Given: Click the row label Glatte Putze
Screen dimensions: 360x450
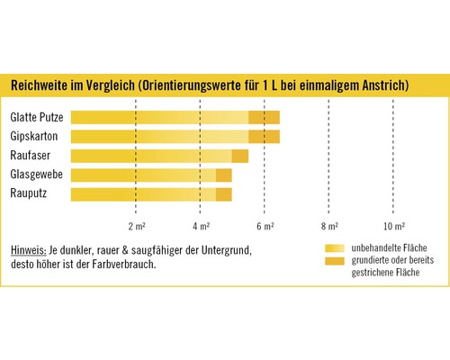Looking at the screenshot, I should tap(37, 117).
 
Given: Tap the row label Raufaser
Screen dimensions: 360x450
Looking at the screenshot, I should tap(30, 156).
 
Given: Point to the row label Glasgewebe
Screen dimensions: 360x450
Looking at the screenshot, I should tap(36, 175).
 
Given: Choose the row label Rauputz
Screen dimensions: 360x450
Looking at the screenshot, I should tap(30, 193).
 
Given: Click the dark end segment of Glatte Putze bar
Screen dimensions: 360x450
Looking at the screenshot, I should tap(265, 117).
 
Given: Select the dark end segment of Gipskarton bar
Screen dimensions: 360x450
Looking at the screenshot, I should tap(265, 137).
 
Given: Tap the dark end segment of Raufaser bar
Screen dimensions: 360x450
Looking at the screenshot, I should tap(240, 156).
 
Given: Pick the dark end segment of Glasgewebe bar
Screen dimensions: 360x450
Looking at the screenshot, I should tap(224, 175).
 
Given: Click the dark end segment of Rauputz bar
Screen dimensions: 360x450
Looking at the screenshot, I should tap(224, 193).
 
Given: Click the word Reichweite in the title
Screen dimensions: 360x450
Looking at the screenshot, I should tap(42, 85).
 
